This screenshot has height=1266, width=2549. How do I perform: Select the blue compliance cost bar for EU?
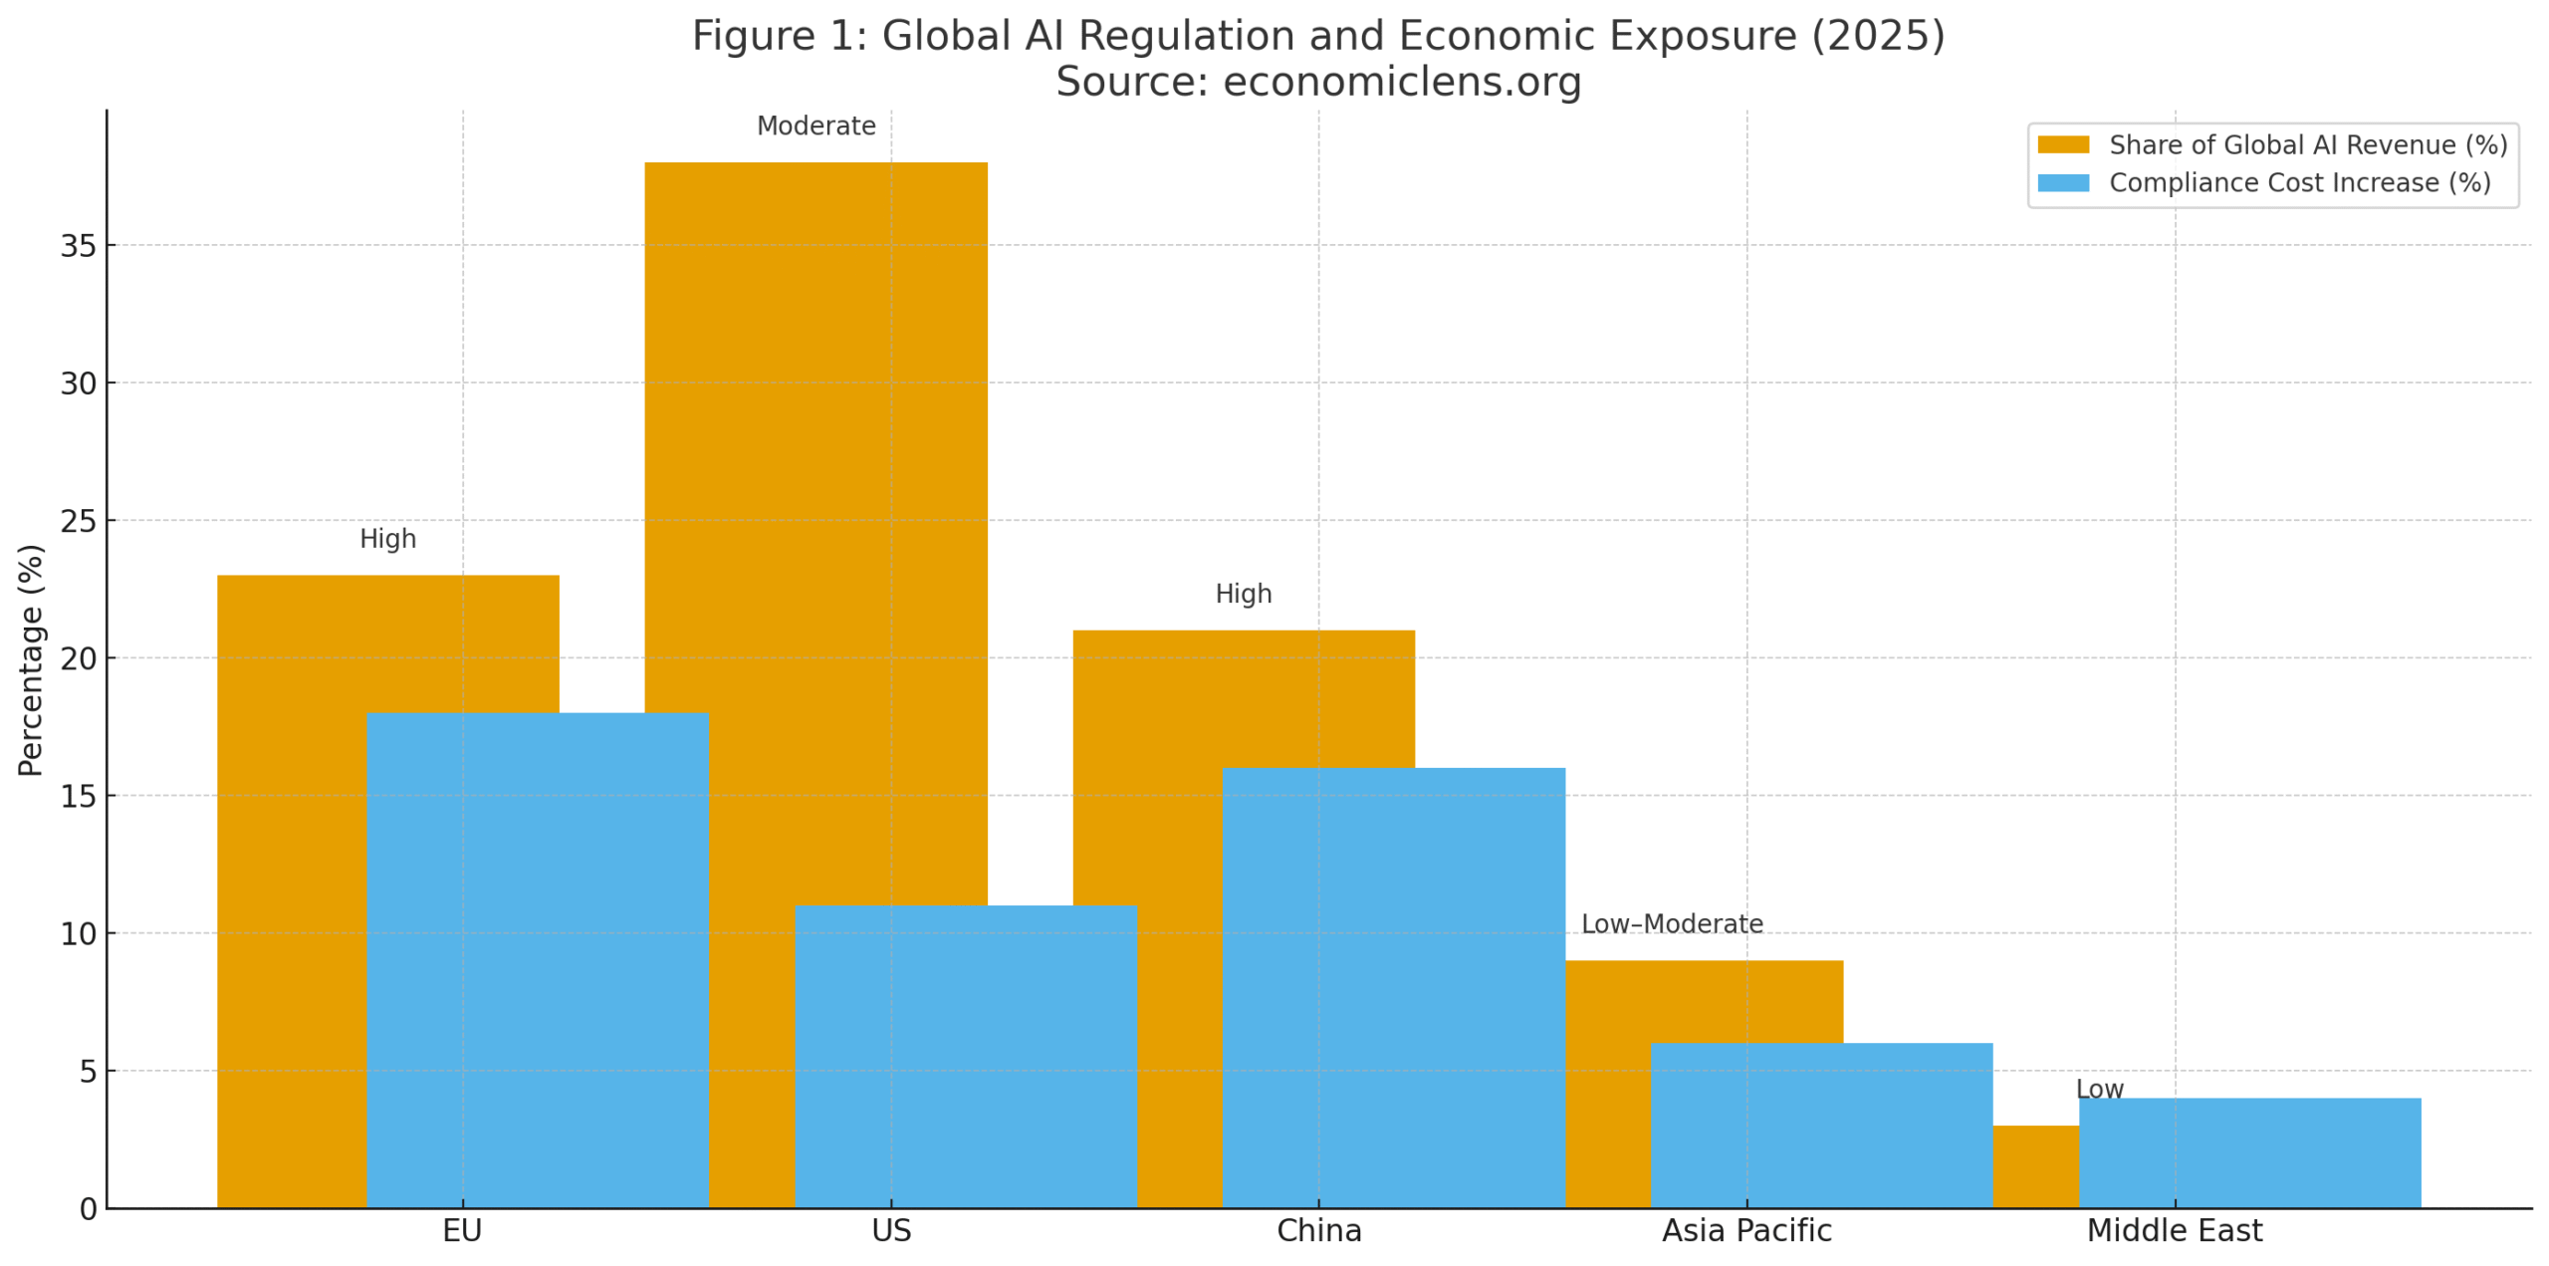coord(537,956)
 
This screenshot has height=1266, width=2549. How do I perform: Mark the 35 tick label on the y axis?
coord(78,245)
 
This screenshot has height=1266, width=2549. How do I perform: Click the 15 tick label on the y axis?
coord(78,795)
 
